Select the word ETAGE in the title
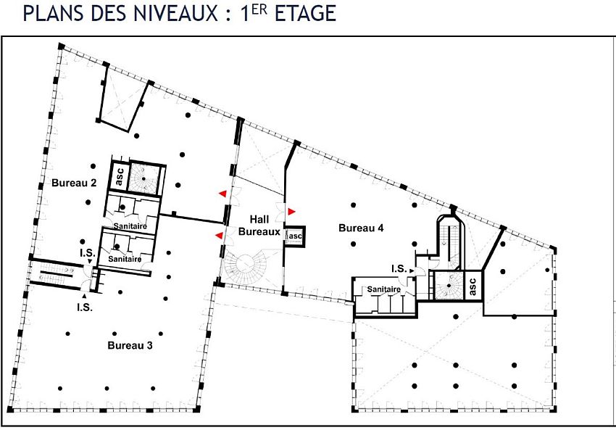(x=305, y=14)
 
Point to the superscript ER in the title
(x=265, y=9)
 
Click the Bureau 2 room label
(x=74, y=183)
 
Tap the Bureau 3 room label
(x=130, y=345)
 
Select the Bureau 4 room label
(x=361, y=228)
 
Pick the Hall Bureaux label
(x=265, y=226)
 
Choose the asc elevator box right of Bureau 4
(x=471, y=286)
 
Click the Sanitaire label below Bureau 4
(x=384, y=289)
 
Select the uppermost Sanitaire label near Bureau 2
(x=130, y=226)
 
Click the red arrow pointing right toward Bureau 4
(x=291, y=211)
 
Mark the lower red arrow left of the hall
(x=219, y=235)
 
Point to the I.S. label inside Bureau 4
(x=399, y=269)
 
